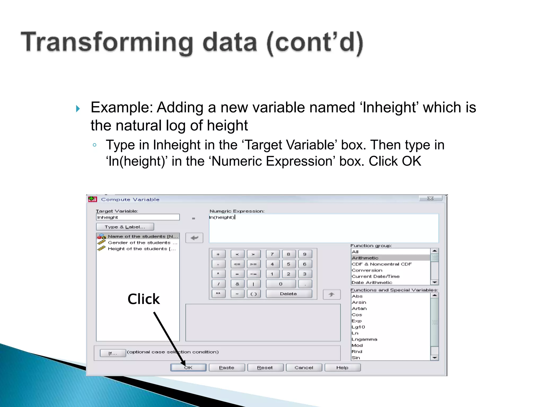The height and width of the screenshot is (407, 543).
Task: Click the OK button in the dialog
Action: (x=188, y=368)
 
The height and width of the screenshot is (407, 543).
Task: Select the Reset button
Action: (x=265, y=368)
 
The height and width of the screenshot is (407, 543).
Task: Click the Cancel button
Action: (x=304, y=368)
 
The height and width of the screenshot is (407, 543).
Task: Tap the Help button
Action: (x=342, y=368)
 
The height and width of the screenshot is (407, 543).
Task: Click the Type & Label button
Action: (x=125, y=227)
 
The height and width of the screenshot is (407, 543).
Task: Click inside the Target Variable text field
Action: (x=138, y=217)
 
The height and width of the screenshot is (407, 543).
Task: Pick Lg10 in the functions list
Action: (x=358, y=327)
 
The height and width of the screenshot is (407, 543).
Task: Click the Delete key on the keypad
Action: (x=288, y=294)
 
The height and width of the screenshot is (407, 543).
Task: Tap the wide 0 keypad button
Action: (x=281, y=284)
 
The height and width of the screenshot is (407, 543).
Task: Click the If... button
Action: (x=113, y=353)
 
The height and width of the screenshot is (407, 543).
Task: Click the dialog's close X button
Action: (x=430, y=198)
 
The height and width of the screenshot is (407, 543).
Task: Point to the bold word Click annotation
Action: (x=143, y=299)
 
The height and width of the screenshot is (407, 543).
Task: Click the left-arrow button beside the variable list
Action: (x=194, y=238)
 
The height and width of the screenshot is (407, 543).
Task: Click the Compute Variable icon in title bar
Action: (x=93, y=199)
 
